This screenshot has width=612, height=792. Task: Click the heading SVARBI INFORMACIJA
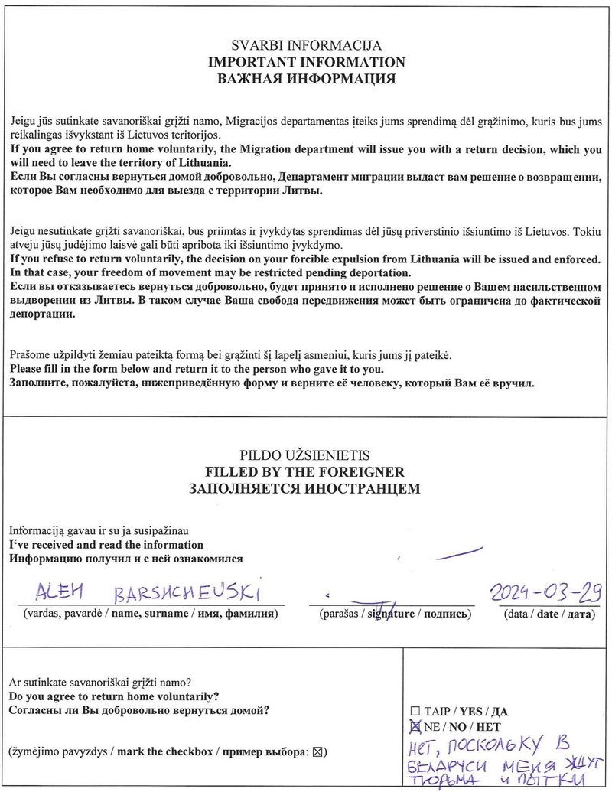[306, 46]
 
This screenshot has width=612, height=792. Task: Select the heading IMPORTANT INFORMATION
[306, 62]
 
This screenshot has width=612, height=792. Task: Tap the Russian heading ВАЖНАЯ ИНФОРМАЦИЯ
[306, 79]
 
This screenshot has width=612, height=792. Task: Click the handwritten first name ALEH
[63, 592]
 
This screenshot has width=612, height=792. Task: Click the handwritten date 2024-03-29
[545, 591]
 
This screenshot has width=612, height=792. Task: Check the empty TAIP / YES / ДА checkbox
[415, 711]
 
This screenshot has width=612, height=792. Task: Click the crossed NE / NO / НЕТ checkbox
[415, 726]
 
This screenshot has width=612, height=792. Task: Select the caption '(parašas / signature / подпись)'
[391, 614]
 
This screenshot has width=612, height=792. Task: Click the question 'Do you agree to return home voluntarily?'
[114, 696]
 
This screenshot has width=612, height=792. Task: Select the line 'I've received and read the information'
[106, 545]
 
